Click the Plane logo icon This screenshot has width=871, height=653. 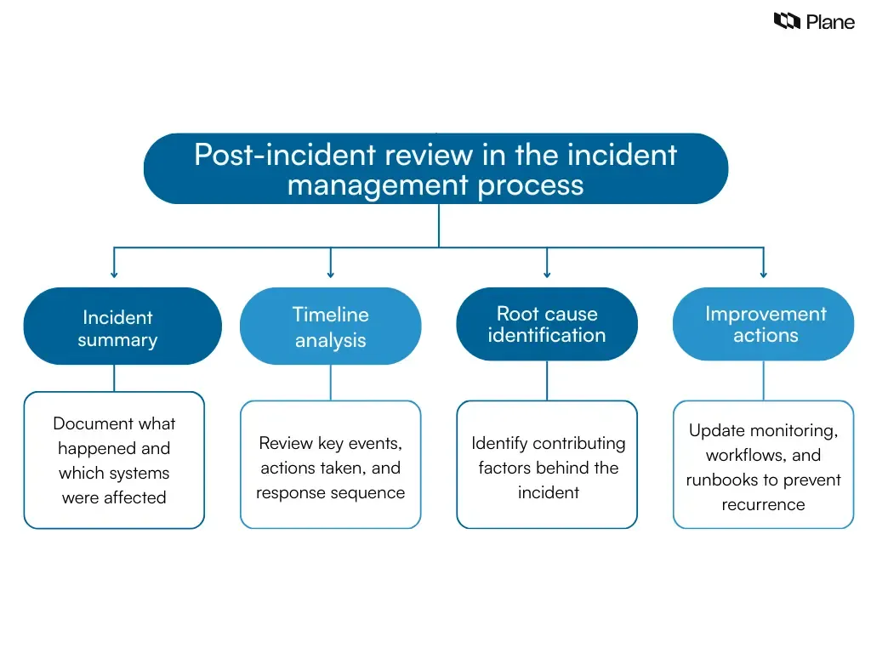click(787, 21)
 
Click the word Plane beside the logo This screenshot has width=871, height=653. click(830, 22)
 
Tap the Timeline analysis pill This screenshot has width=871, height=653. click(330, 326)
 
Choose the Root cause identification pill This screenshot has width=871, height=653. click(547, 324)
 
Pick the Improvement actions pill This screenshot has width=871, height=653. click(764, 324)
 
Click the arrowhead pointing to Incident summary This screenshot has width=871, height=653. click(114, 274)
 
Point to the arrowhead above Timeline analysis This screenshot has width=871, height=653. click(331, 274)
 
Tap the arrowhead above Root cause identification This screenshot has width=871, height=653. click(547, 274)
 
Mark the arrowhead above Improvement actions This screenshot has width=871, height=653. click(763, 274)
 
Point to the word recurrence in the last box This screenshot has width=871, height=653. click(763, 504)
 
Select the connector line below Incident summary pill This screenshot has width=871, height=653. click(114, 378)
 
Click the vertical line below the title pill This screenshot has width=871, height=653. click(439, 225)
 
